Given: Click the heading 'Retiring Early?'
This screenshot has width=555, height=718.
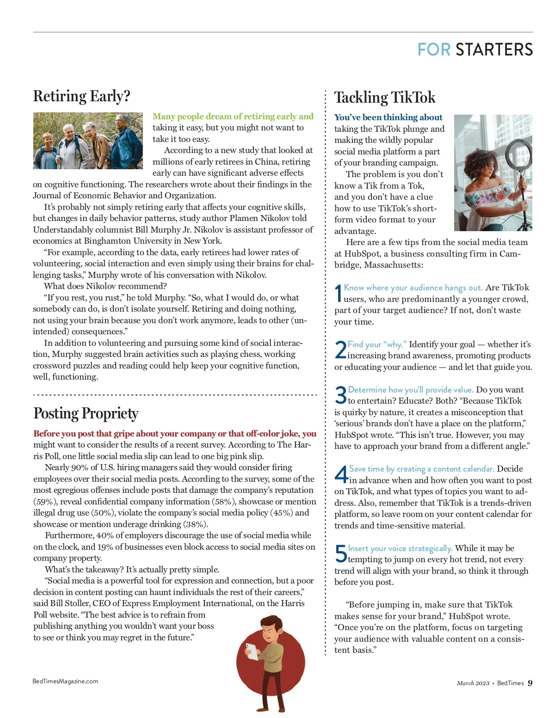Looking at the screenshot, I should click(81, 96).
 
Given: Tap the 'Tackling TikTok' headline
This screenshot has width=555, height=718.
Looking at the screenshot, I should click(385, 98).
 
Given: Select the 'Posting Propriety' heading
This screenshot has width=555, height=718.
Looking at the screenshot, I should click(86, 413).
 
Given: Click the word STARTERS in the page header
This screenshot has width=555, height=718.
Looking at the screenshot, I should click(494, 49).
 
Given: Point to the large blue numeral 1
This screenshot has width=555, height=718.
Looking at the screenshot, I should click(338, 294).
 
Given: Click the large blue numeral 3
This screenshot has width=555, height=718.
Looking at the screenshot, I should click(340, 396).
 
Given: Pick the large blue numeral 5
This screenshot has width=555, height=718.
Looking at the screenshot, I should click(341, 554).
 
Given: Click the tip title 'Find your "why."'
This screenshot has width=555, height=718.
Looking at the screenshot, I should click(377, 344).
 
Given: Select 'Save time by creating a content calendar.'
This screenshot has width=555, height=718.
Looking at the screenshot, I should click(421, 469).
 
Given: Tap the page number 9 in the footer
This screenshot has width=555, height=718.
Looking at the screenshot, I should click(530, 683).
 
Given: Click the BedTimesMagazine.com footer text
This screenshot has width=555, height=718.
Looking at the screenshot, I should click(65, 681).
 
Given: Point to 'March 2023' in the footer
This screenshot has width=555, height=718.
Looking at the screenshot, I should click(473, 683).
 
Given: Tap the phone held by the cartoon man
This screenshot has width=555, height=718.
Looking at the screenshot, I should click(252, 651).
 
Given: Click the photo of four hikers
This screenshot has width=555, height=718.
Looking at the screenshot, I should click(88, 141).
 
